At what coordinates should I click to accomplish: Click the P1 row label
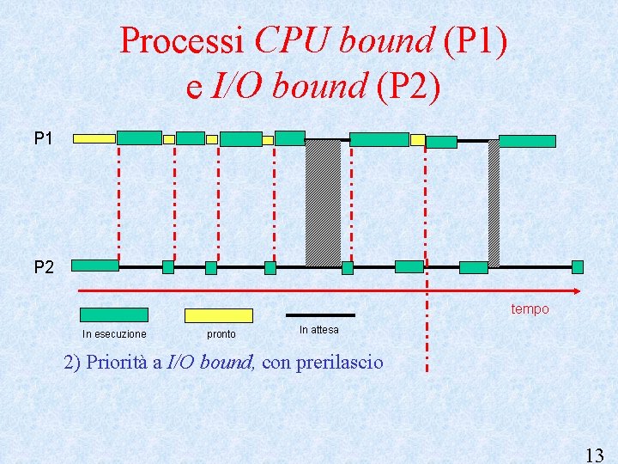coord(44,137)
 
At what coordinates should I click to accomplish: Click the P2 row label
coord(44,267)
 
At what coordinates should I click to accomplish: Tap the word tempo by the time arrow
coord(530,308)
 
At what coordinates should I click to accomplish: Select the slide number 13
coord(593,455)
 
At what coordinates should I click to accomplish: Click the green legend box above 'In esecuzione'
coord(113,314)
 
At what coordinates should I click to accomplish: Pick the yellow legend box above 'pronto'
coord(219,315)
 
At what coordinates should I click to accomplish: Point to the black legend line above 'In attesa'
coord(319,314)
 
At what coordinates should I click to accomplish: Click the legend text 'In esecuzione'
coord(114,334)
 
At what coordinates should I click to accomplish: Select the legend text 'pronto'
coord(221,334)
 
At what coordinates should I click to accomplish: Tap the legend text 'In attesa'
coord(319,330)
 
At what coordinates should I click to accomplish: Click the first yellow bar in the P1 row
coord(94,137)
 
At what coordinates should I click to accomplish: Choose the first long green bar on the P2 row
coord(95,266)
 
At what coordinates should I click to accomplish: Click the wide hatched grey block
coord(323,202)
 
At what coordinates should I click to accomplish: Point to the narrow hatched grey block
coord(494,203)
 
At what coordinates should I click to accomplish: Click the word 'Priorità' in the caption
coord(119,363)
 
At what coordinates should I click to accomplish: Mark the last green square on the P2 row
coord(578,267)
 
